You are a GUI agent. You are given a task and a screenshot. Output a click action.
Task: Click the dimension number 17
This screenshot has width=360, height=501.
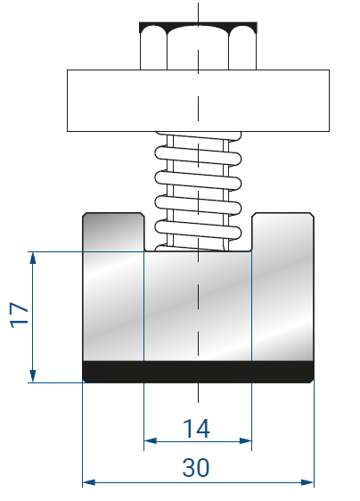20,315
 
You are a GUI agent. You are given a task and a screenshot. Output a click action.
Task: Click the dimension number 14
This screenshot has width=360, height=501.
196,429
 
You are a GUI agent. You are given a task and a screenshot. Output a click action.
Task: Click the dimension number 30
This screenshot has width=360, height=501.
196,467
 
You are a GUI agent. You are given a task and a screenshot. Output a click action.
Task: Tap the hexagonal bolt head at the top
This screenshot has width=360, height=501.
198,45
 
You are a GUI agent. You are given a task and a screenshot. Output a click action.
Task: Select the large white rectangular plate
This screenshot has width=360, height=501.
198,101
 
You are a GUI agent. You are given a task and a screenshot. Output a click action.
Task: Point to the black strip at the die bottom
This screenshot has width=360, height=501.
198,372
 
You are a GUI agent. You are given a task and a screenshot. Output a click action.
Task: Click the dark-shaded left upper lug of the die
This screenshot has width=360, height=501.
113,231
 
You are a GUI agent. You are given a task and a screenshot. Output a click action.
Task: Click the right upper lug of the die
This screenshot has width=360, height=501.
283,231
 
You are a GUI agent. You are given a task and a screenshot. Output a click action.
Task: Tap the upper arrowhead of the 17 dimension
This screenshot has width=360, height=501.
33,258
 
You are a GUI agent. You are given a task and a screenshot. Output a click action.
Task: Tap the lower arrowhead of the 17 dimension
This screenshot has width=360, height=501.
33,376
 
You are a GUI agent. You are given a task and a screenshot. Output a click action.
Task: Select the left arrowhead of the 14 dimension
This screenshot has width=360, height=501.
150,441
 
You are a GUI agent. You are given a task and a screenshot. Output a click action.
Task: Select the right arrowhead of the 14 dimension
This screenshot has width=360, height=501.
246,441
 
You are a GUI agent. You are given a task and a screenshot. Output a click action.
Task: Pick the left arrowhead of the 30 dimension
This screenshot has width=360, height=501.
89,482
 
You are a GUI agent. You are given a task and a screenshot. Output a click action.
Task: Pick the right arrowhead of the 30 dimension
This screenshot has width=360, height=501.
307,482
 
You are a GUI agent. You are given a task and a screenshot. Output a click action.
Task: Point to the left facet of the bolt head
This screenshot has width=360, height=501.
153,48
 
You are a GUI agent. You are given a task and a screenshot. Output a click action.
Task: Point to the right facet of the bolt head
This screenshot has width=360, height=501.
242,48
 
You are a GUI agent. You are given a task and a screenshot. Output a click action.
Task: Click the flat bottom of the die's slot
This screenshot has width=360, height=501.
198,251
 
